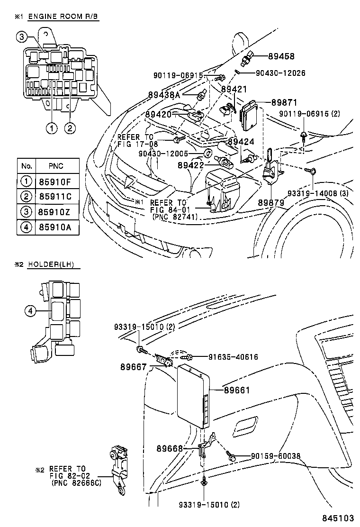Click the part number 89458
281,56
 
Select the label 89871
284,102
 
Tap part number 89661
236,390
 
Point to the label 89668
170,447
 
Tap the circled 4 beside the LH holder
30,311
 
